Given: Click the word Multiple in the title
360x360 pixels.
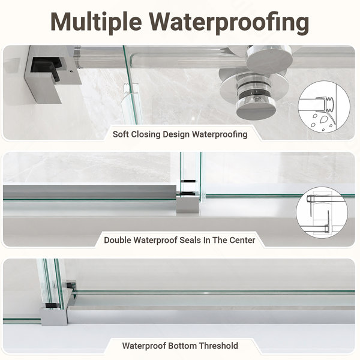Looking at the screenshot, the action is (96, 23).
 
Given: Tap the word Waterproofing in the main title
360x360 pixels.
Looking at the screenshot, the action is (229, 23).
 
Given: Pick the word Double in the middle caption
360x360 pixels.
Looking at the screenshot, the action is (118, 240).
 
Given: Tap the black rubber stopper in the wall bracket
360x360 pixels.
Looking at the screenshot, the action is (47, 68).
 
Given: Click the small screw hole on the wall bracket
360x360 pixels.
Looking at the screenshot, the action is (71, 71).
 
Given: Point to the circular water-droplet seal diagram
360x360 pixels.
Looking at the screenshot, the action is (324, 107).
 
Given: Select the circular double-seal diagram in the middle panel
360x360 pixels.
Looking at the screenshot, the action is (322, 212).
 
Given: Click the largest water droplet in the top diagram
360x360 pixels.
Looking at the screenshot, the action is (324, 119).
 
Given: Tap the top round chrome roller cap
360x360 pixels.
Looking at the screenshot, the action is (269, 59).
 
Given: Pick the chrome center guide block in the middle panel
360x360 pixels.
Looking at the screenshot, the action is (188, 203).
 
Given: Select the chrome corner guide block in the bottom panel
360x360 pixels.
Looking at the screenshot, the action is (54, 316).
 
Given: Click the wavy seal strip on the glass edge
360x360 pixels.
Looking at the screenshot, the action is (127, 89).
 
